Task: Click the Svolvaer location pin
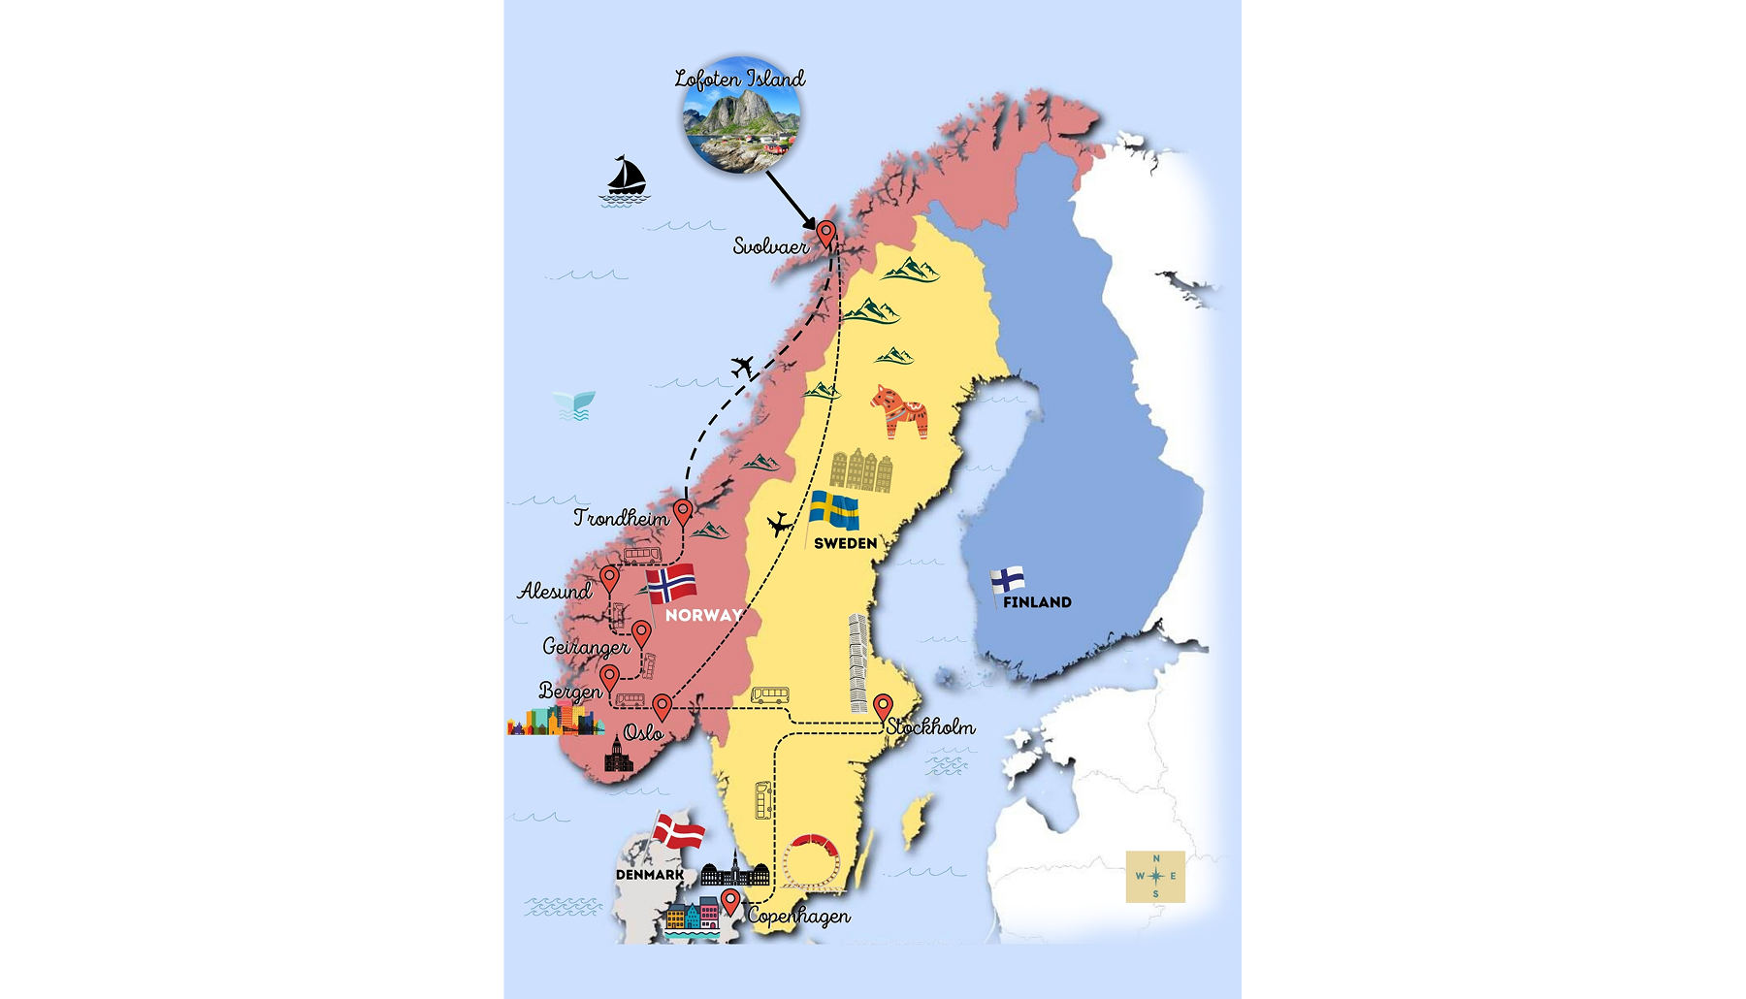(x=826, y=234)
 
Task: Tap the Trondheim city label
(x=621, y=518)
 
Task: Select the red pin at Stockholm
(x=883, y=706)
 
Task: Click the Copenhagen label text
(x=799, y=916)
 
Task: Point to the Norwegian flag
(x=672, y=585)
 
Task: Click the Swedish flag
(x=834, y=511)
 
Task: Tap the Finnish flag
(x=1008, y=580)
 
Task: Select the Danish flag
(x=679, y=832)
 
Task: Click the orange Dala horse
(x=899, y=410)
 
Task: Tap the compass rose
(x=1155, y=876)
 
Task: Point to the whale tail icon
(x=574, y=404)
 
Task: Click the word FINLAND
(x=1037, y=602)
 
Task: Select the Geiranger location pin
(x=641, y=634)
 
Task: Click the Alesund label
(x=555, y=591)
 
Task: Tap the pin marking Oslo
(x=662, y=707)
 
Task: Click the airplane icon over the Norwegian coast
(x=743, y=367)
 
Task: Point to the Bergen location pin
(x=609, y=677)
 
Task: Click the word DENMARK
(x=650, y=875)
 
